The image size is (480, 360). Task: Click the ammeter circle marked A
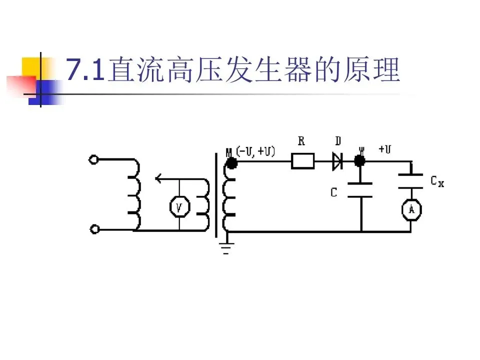[411, 209]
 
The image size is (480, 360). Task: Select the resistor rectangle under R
[302, 161]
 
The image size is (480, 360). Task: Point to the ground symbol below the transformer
[226, 246]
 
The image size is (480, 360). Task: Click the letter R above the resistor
[301, 141]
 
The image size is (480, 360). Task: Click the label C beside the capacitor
[334, 191]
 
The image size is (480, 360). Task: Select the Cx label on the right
[437, 181]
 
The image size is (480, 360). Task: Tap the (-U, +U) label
[255, 151]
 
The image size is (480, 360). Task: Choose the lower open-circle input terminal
[93, 229]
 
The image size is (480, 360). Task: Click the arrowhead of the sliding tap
[158, 178]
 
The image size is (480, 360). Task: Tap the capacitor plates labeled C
[360, 190]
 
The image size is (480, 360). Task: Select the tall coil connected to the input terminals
[134, 195]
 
